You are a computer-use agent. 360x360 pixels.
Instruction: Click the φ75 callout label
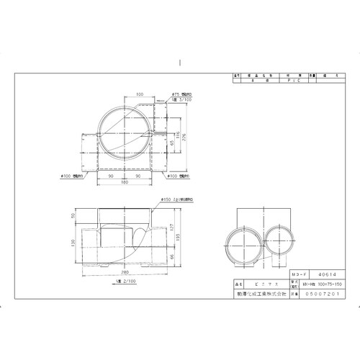[x=176, y=93]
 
